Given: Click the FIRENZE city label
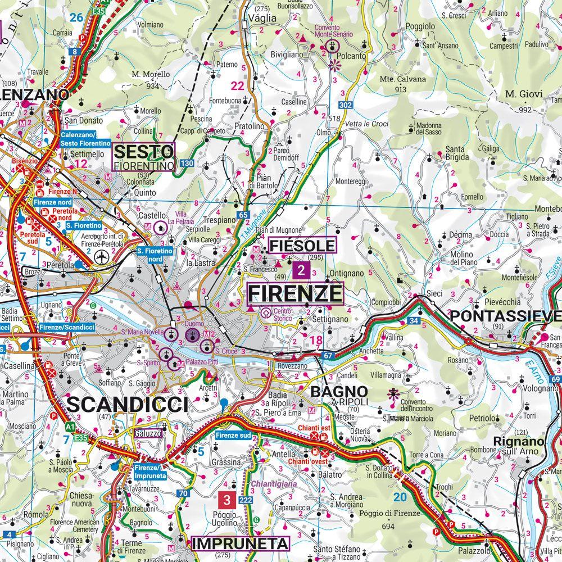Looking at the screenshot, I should click(295, 293).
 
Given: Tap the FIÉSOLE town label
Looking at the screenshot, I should click(302, 246).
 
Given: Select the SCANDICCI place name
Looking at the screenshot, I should click(128, 405).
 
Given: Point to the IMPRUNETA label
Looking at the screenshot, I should click(241, 543).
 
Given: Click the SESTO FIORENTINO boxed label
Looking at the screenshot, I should click(144, 157).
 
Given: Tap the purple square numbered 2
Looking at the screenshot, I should click(301, 271).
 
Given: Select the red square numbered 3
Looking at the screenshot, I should click(226, 499).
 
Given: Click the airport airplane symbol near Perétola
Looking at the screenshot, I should click(102, 258).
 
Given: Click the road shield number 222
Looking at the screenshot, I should click(245, 500).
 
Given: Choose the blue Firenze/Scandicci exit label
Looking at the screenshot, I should click(66, 327).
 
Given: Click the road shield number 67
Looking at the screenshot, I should click(329, 355).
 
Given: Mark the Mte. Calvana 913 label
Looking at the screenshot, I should click(402, 84).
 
